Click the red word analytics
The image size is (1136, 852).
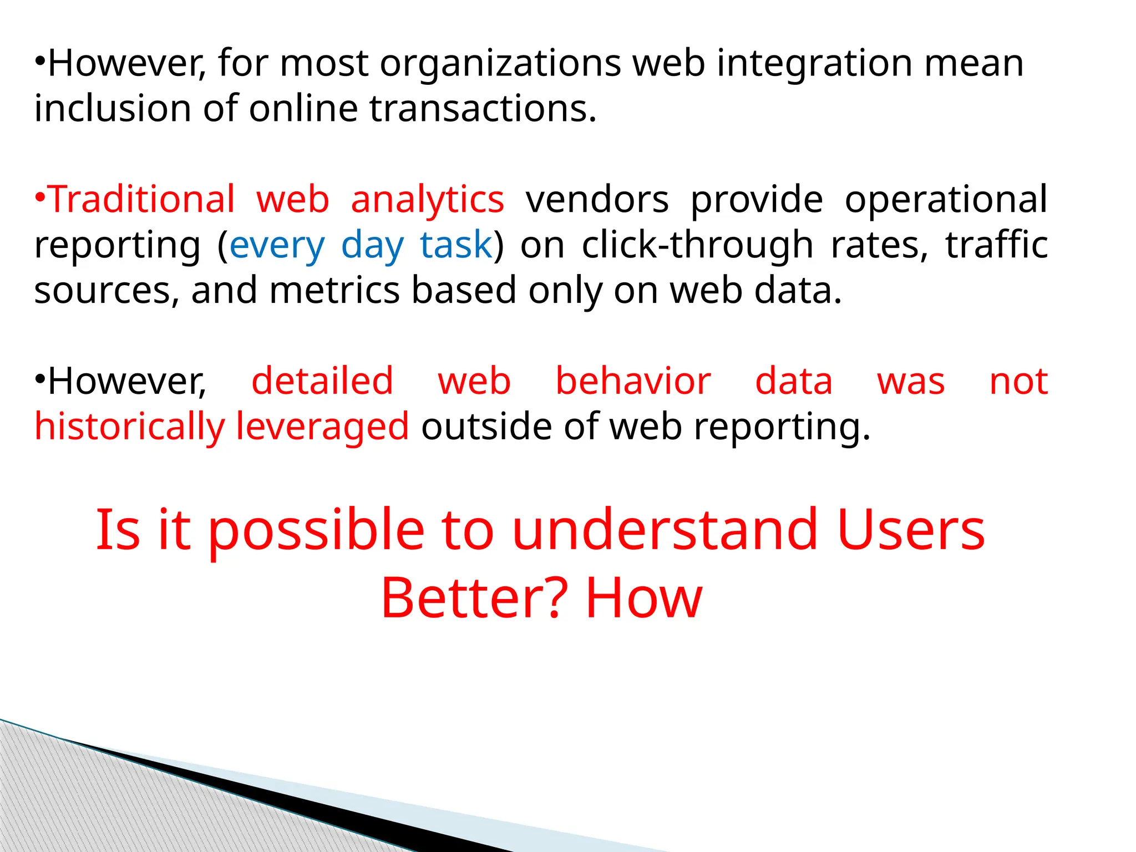coord(427,200)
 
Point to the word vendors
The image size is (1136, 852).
coord(597,200)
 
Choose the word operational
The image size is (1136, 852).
coord(946,200)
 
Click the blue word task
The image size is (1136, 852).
coord(456,245)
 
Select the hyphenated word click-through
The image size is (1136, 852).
coord(697,245)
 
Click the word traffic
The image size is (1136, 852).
coord(996,245)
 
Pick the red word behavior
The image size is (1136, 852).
coord(633,382)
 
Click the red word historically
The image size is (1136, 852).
coord(129,427)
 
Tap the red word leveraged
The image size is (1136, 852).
coord(322,427)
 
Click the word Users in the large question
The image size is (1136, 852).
coord(910,531)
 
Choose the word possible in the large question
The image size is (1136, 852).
coord(316,531)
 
